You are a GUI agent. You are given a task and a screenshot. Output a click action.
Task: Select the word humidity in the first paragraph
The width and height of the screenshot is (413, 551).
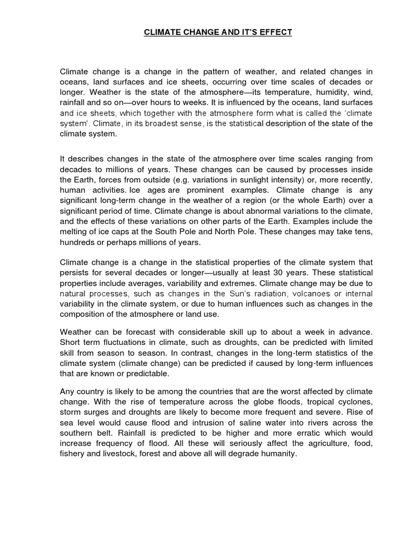330,93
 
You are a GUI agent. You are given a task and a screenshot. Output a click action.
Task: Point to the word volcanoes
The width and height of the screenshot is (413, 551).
299,293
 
